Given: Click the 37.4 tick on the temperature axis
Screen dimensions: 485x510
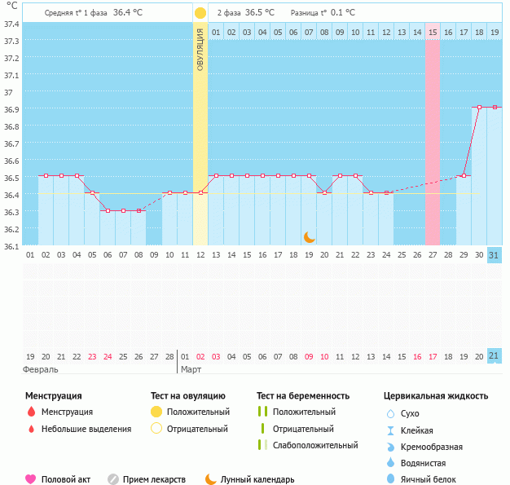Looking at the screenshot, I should point(12,23).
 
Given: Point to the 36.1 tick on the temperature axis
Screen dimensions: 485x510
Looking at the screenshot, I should point(12,245).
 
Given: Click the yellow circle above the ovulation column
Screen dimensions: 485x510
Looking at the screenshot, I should point(200,13).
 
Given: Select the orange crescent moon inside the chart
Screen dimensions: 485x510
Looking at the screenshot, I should point(310,236).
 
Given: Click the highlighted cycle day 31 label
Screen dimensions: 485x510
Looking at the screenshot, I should point(495,255).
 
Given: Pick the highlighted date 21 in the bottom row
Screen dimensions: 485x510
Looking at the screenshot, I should point(495,356).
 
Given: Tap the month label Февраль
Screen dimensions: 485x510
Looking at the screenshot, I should point(41,369).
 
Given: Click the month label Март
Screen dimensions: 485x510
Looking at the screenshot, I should point(191,369).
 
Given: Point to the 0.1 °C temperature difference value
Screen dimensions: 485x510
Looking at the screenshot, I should point(343,13).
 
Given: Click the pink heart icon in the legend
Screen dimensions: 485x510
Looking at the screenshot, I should point(31,479).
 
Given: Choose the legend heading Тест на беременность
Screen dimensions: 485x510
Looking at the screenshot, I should point(302,396).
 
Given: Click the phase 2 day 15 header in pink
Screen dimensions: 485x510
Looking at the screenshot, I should point(433,32).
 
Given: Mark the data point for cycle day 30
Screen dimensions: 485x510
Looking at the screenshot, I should point(479,107).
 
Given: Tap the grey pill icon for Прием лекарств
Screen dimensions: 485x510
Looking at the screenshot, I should point(113,479).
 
